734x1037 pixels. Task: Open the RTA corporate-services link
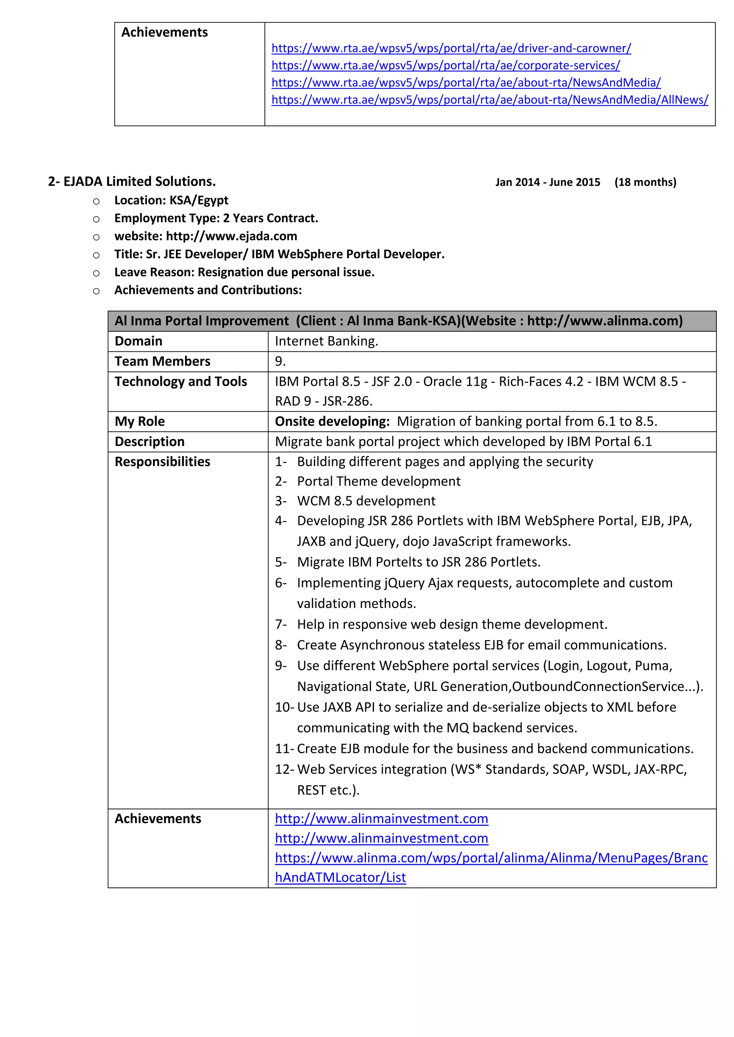coord(445,66)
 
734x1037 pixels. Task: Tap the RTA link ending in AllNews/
coord(490,100)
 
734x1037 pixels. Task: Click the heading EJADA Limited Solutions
coord(132,181)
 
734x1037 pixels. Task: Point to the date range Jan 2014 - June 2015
coord(547,182)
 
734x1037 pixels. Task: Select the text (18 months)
coord(645,182)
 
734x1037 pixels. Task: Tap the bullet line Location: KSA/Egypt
coord(171,200)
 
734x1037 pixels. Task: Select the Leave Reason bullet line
coord(244,272)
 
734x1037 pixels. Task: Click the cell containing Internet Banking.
coord(327,341)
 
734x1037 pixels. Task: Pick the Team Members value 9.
coord(280,361)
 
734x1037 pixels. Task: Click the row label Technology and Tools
coord(180,382)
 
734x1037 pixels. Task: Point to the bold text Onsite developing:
coord(332,421)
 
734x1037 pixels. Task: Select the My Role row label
coord(140,421)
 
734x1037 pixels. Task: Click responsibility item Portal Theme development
coord(378,481)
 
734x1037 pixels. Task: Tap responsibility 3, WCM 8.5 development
coord(366,501)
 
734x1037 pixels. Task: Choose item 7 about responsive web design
coord(452,625)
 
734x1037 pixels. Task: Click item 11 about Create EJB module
coord(495,749)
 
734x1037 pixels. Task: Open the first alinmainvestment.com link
coord(381,819)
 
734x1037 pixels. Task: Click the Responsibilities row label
coord(162,462)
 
